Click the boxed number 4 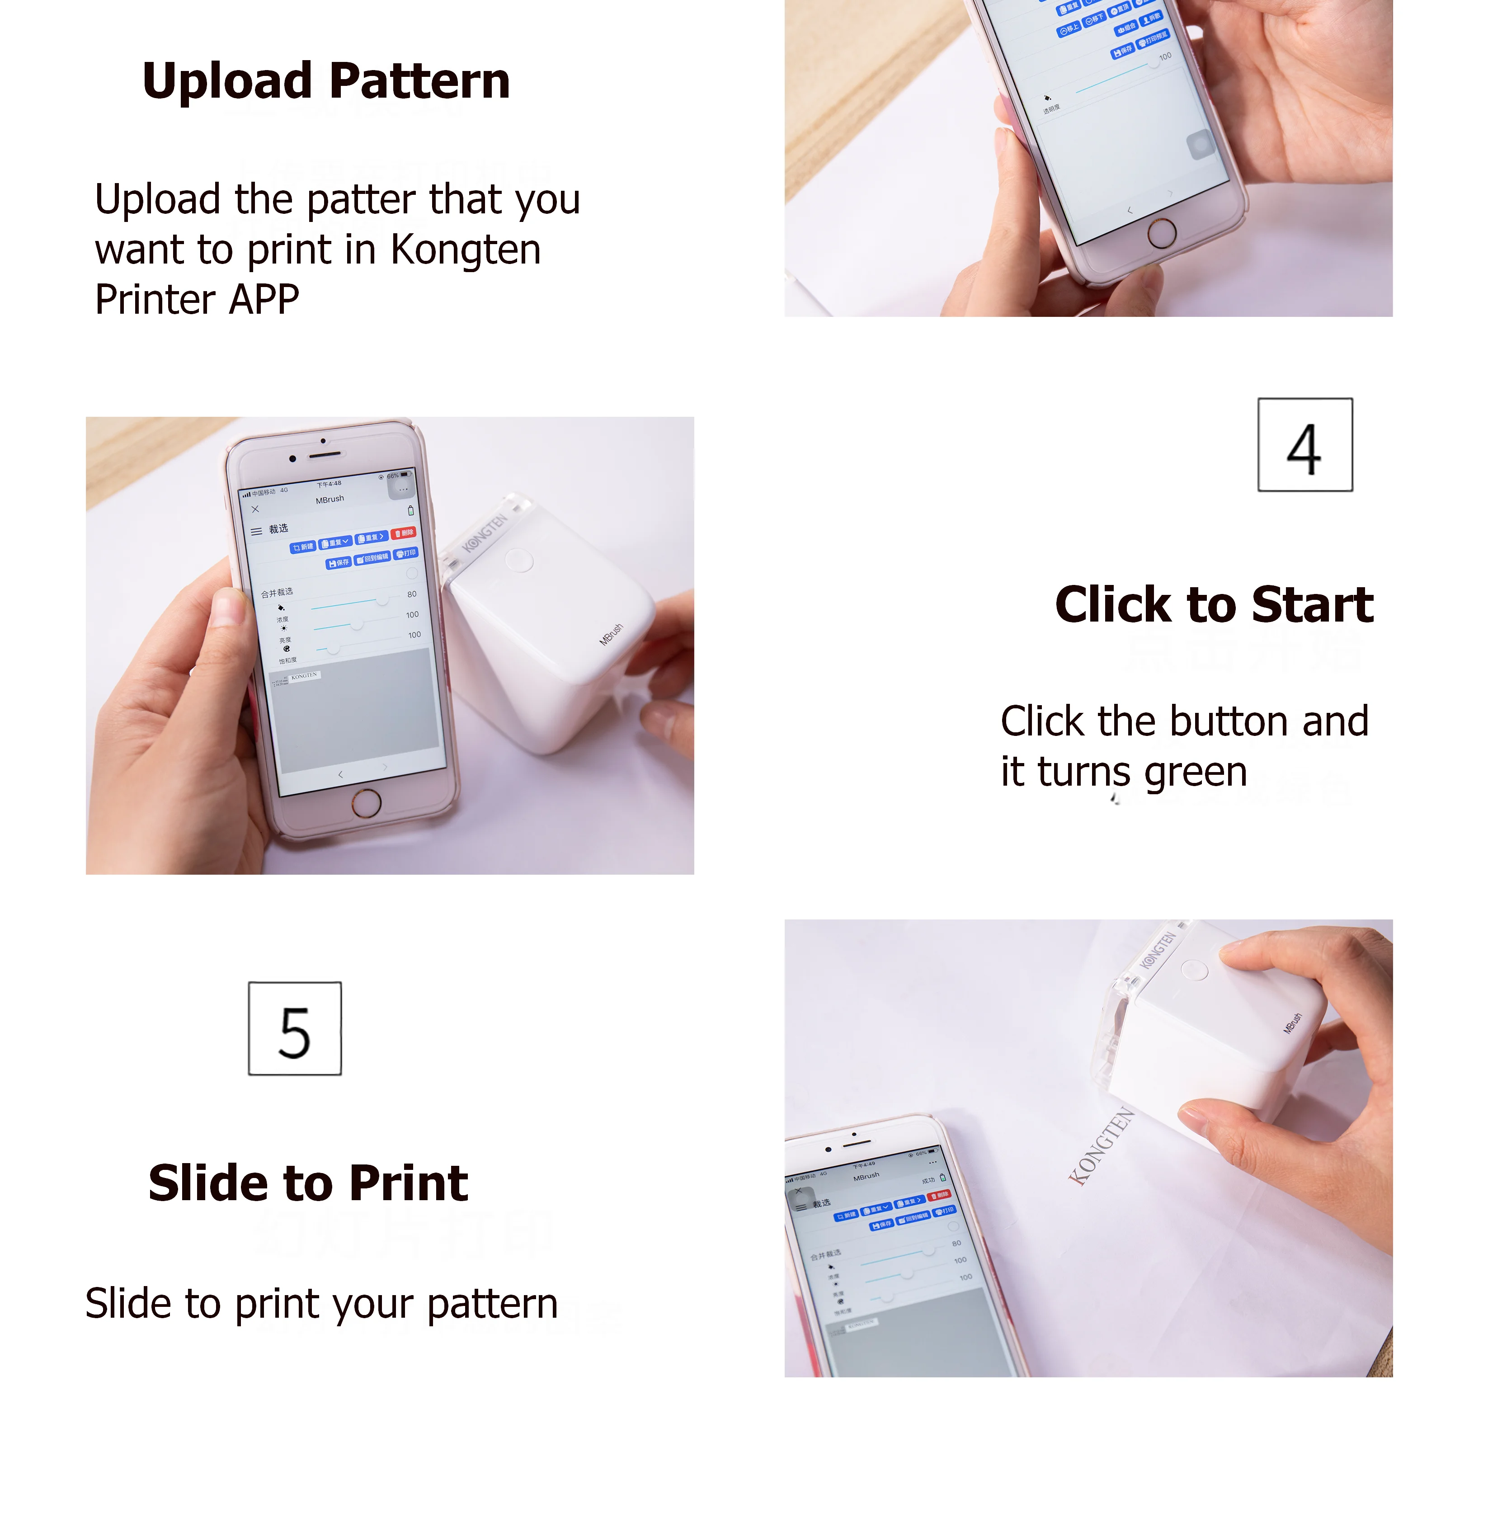point(1304,445)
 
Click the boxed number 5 point(295,1028)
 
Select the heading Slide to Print point(308,1183)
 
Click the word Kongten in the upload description point(465,250)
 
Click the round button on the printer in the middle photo point(519,560)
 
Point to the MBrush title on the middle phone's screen point(330,499)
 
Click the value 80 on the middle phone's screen point(412,594)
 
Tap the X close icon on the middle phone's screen point(255,509)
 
